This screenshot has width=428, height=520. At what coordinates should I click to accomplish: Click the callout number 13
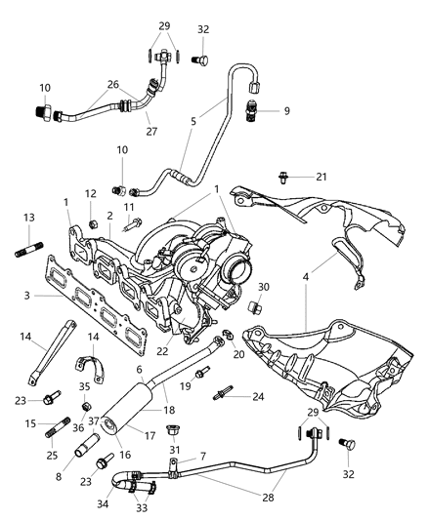coord(27,218)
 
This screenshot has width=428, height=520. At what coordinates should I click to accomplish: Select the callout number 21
coord(322,177)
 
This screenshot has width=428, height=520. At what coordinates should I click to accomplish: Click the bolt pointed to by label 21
coord(288,178)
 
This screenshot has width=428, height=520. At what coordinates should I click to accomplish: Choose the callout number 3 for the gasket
coord(27,295)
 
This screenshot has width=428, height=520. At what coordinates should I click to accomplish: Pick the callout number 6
coord(140,371)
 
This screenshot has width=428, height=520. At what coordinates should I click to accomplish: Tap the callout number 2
coord(110,215)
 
